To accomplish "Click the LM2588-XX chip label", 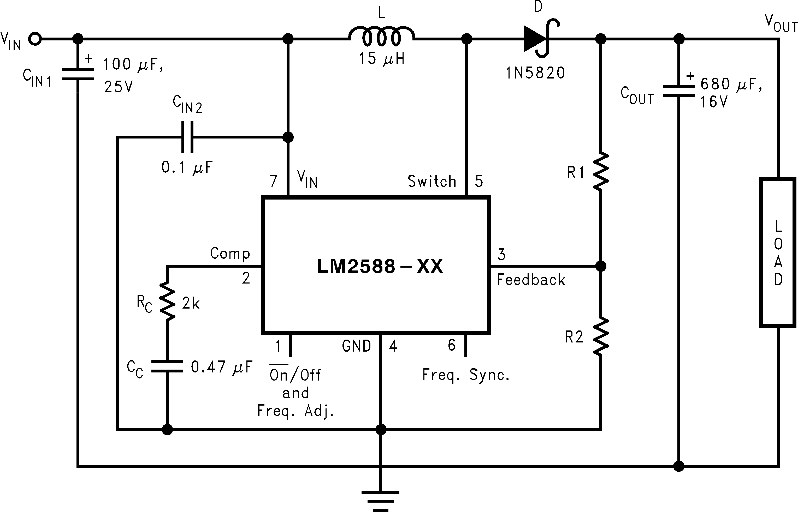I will coord(380,266).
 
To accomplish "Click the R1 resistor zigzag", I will coord(601,172).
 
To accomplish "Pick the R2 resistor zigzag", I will coord(601,337).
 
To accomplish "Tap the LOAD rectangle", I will coord(778,253).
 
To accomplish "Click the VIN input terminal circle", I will coord(35,39).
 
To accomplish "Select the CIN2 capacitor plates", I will coord(187,137).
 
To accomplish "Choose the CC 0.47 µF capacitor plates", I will coord(167,366).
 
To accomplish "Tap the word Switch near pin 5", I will coord(431,182).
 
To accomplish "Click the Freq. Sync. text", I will coord(466,375).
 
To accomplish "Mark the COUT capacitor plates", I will coord(679,91).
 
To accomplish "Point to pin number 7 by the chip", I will coord(273,181).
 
